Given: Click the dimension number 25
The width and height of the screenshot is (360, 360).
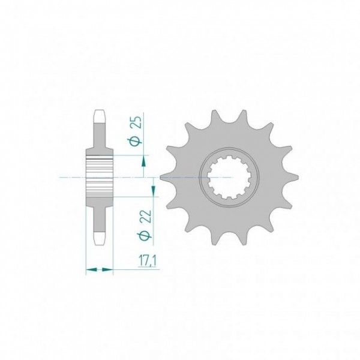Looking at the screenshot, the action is pos(136,122).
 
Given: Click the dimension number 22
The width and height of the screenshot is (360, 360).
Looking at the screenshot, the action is pos(146,216).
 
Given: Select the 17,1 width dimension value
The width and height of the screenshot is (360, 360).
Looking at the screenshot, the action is pos(147,262).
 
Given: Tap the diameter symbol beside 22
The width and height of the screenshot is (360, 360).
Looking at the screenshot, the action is pos(146,235).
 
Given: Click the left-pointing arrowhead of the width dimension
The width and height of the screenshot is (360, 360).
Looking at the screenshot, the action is pos(91,269).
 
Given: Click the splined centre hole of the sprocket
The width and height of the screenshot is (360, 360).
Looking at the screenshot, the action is pos(229,177).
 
